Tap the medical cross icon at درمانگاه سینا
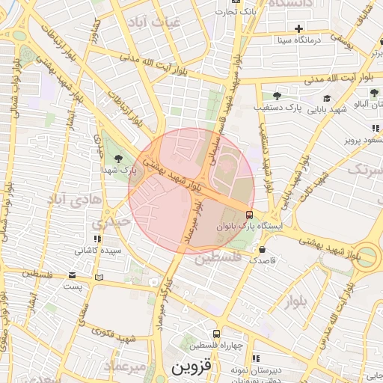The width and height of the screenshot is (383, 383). [299, 28]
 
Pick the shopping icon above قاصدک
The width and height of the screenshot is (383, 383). [262, 249]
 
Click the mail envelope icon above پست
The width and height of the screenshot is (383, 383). [72, 275]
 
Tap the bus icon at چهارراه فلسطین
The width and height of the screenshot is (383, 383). [216, 334]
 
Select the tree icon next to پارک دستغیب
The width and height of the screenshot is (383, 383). [277, 96]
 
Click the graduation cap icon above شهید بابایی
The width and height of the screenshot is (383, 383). [327, 98]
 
